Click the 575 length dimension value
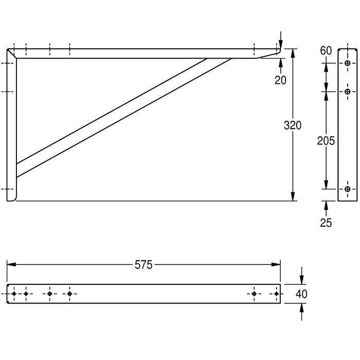point(143,265)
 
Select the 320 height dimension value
point(293,125)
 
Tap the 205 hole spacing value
point(326,140)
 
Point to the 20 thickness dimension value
point(281,80)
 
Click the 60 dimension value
point(326,50)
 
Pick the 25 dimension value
point(326,223)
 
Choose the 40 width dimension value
point(301,294)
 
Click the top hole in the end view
point(348,63)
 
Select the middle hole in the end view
point(348,92)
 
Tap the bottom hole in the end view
point(348,189)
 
